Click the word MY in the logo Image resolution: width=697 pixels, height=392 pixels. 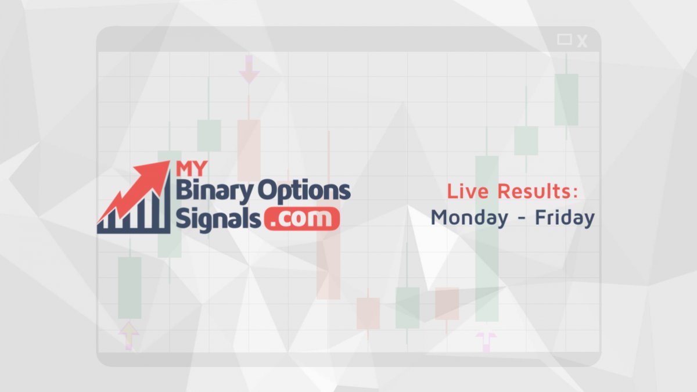click(x=191, y=168)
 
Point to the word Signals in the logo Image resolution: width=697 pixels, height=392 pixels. click(x=218, y=219)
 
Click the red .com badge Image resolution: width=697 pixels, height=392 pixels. click(x=302, y=219)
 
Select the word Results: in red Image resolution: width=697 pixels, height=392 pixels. click(x=538, y=190)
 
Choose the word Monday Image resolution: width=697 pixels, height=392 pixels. click(x=469, y=218)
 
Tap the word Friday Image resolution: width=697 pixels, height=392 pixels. click(x=565, y=218)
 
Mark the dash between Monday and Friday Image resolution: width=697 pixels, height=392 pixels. click(x=522, y=218)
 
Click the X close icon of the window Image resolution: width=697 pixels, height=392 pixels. click(x=582, y=41)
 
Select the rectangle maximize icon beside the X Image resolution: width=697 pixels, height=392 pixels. click(x=564, y=39)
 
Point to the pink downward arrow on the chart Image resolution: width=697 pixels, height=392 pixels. click(x=249, y=69)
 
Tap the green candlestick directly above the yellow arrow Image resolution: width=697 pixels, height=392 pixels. click(x=130, y=288)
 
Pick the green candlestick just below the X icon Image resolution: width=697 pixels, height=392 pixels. click(x=566, y=99)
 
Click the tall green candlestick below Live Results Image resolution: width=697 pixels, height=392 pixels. click(x=487, y=239)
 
